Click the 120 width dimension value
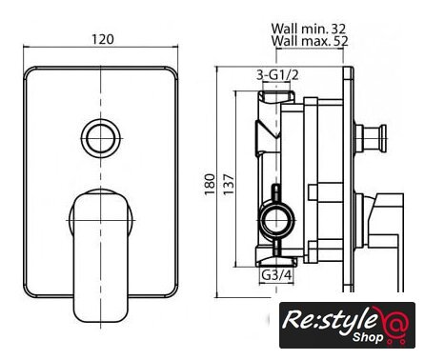click(102, 39)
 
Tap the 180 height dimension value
click(210, 185)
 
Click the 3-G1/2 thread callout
click(277, 75)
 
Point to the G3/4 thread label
click(276, 275)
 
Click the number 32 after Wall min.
click(338, 29)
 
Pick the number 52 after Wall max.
click(341, 41)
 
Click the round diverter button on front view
click(101, 138)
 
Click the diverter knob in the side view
click(371, 138)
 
